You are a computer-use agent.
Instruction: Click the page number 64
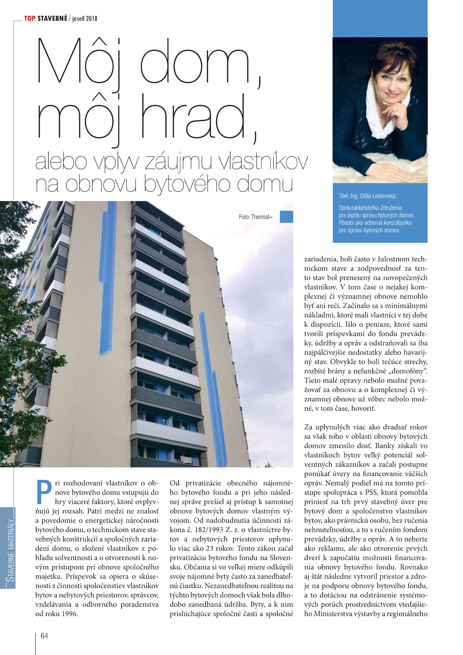point(44,636)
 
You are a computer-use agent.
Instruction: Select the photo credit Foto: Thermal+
point(256,217)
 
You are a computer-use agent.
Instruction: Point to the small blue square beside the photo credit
point(286,216)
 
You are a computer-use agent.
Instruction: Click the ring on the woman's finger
point(398,109)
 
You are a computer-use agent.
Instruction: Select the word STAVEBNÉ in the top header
point(52,18)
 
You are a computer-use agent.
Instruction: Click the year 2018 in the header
point(92,19)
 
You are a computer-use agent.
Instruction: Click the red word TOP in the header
point(30,18)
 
